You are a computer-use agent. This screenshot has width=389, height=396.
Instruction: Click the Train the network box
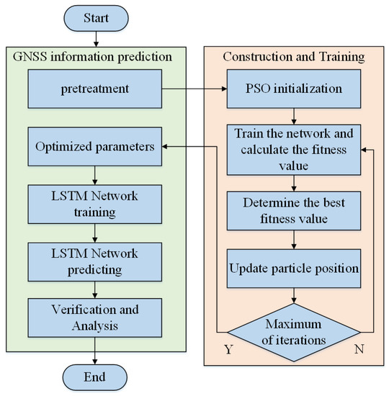point(293,150)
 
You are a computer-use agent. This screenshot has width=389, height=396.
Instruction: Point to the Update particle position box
point(293,269)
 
